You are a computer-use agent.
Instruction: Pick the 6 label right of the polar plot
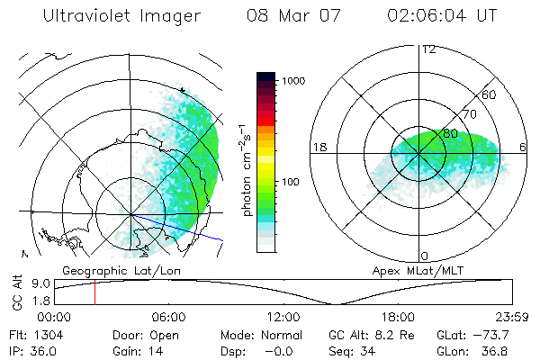point(523,147)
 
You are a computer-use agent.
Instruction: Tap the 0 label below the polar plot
point(425,256)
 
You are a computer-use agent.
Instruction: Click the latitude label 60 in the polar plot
point(489,94)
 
